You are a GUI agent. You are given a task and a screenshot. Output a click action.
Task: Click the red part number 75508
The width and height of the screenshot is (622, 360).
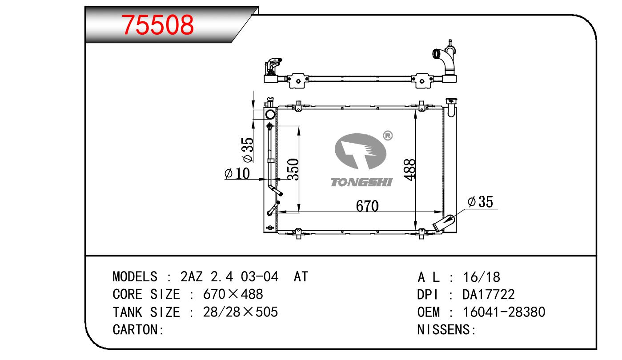tap(157, 25)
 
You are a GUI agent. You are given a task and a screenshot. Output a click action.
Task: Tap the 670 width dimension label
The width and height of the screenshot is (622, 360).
tap(367, 206)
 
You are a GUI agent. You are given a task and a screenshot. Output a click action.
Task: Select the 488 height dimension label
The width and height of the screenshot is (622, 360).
tap(409, 170)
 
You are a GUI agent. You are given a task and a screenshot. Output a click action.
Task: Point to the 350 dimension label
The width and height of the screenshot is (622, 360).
tap(293, 169)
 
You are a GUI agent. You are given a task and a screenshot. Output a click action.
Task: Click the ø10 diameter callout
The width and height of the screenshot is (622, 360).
tap(237, 173)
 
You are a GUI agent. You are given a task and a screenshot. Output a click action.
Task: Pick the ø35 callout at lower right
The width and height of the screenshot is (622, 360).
tap(480, 202)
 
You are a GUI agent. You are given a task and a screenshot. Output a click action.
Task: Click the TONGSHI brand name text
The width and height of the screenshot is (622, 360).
tap(361, 182)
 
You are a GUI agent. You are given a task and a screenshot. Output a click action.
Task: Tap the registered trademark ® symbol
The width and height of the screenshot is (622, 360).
tap(388, 136)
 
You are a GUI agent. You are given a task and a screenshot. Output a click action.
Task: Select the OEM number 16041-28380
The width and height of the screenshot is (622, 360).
tap(504, 312)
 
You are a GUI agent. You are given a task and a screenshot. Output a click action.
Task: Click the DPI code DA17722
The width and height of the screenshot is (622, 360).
tap(489, 294)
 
